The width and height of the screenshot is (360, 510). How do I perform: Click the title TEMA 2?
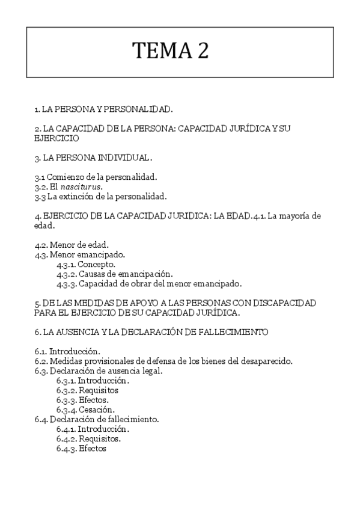(171, 51)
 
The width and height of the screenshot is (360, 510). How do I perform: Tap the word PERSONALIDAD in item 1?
(136, 109)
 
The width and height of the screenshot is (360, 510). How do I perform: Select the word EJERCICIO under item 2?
(57, 138)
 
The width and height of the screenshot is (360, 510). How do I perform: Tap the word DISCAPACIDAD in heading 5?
(285, 303)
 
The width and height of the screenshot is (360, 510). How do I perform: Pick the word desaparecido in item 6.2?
(266, 361)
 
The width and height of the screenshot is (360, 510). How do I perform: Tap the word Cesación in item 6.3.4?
(96, 410)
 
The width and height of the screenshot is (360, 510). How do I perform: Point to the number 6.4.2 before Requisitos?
(66, 438)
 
